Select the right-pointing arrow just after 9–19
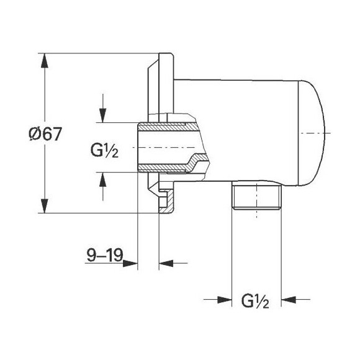(131, 263)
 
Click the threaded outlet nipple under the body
(256, 197)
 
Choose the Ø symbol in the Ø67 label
(35, 134)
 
